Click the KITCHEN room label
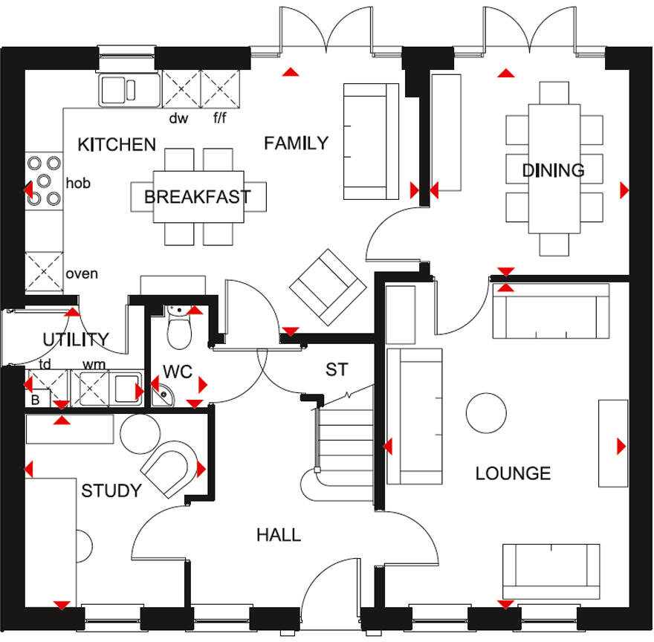(x=117, y=144)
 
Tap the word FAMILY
(x=296, y=143)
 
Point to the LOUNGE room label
(x=513, y=473)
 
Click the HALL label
(x=279, y=534)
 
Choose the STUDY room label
(x=111, y=491)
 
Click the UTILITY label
(x=75, y=340)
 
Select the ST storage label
(x=337, y=369)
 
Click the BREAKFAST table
(x=197, y=197)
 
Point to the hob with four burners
(x=44, y=179)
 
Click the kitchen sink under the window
(x=129, y=90)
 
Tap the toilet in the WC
(x=180, y=331)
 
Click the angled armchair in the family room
(x=328, y=286)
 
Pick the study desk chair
(x=169, y=468)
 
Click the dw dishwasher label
(x=178, y=118)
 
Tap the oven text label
(x=82, y=273)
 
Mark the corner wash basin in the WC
(x=162, y=395)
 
